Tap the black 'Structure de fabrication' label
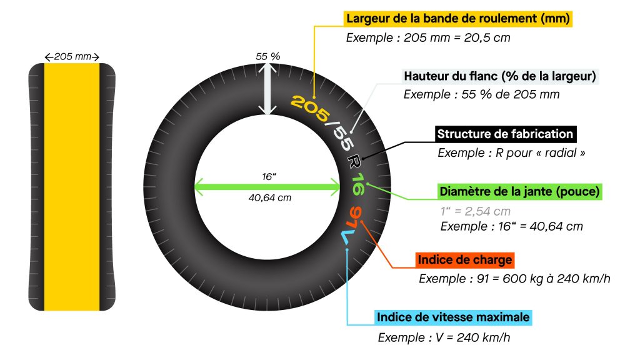(505, 134)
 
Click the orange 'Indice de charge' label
(465, 260)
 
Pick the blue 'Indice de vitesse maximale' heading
(453, 317)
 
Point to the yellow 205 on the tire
(310, 107)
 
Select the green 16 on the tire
(357, 184)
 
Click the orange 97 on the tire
(354, 218)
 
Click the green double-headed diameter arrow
(267, 187)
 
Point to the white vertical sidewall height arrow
(267, 89)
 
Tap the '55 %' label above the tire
(267, 56)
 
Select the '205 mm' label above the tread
(72, 56)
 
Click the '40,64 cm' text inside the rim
(270, 198)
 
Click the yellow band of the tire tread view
(72, 187)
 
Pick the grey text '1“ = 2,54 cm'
(476, 211)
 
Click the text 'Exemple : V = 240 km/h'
(444, 337)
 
